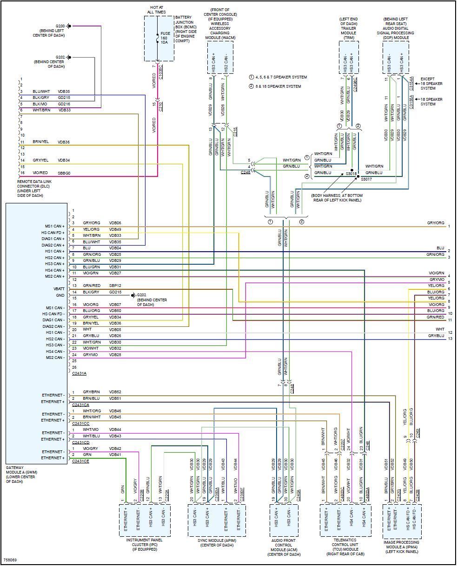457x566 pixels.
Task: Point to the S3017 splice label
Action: tap(366, 179)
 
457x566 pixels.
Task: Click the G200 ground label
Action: tap(60, 26)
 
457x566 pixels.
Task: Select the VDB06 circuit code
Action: tap(115, 223)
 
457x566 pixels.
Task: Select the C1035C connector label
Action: tap(161, 72)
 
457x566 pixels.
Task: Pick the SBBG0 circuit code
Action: tap(64, 173)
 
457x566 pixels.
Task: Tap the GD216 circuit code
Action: tap(64, 104)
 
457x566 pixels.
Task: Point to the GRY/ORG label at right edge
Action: tap(436, 223)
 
